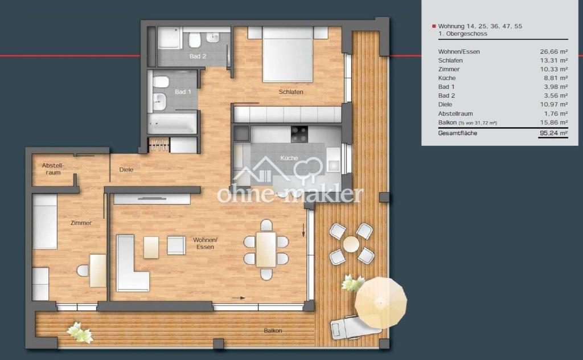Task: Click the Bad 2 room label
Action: point(198,56)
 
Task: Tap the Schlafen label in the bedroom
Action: point(291,92)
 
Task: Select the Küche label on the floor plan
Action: point(289,158)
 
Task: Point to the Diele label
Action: point(126,170)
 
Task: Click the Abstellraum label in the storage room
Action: point(53,169)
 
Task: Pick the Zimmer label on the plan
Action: point(81,223)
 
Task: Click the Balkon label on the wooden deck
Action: point(273,330)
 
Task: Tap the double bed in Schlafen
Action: point(288,54)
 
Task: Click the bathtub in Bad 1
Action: point(172,123)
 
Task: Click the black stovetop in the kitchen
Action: point(299,134)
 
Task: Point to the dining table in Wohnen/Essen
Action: point(266,249)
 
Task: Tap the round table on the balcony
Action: point(351,244)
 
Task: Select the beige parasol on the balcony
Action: point(380,302)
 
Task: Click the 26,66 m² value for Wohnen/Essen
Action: point(553,52)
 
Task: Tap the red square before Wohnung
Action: point(433,26)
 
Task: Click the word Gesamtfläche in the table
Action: point(458,133)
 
